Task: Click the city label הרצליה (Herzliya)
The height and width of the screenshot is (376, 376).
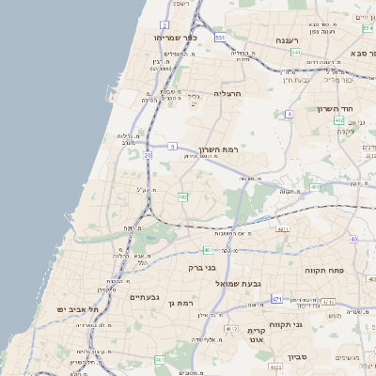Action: (x=228, y=94)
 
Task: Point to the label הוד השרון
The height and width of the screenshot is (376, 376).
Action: (x=347, y=109)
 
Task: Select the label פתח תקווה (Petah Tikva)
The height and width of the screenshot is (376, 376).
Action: (x=327, y=270)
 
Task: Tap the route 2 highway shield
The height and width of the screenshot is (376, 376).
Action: (x=164, y=25)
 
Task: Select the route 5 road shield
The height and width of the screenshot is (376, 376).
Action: (x=173, y=147)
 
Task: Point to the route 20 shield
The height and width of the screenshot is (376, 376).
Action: (x=148, y=155)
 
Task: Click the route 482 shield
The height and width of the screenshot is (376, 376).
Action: (x=182, y=197)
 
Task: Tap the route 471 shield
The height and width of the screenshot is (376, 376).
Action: (x=276, y=299)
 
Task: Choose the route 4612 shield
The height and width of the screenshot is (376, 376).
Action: (x=231, y=328)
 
